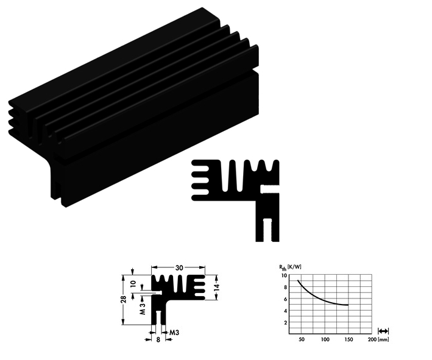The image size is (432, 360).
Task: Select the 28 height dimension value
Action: pos(123,299)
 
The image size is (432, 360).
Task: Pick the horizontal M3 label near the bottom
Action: pos(174,332)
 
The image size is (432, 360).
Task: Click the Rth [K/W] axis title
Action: pos(289,267)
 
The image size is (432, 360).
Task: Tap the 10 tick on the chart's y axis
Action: pos(283,275)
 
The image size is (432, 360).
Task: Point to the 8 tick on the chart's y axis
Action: pos(285,287)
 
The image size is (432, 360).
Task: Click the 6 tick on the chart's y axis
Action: pos(285,298)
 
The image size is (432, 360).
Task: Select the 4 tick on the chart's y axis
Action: pos(285,311)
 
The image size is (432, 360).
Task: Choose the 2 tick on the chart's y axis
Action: pos(285,322)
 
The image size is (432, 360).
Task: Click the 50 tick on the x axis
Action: pos(301,339)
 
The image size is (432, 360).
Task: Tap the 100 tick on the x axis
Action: pos(324,339)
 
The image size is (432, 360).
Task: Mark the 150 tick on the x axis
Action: pos(348,339)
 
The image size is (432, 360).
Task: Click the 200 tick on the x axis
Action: pos(371,339)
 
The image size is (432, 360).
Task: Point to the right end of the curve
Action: pos(348,305)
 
